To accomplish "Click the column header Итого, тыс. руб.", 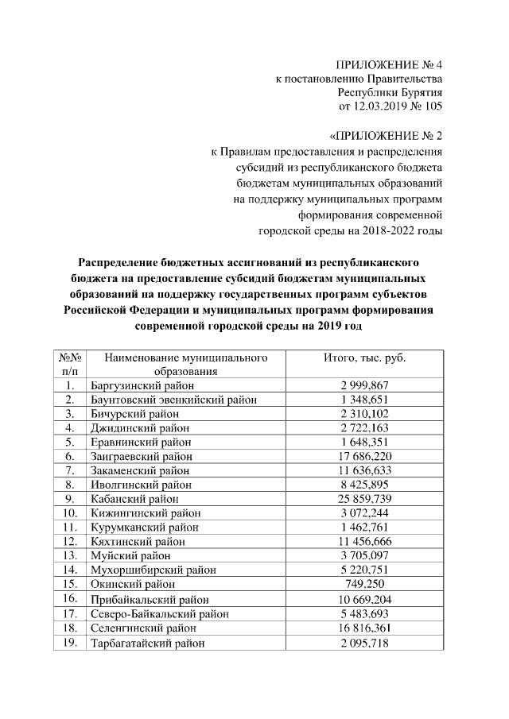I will (x=365, y=358).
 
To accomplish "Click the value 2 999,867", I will (x=365, y=385).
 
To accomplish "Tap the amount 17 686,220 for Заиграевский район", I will (x=365, y=456).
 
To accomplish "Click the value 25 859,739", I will (x=365, y=499).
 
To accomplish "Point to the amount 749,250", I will (x=365, y=584).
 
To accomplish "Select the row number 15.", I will (x=70, y=584).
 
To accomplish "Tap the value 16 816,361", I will (x=365, y=628).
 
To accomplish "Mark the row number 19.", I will (x=70, y=642).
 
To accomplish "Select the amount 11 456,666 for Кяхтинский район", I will (x=365, y=542).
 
